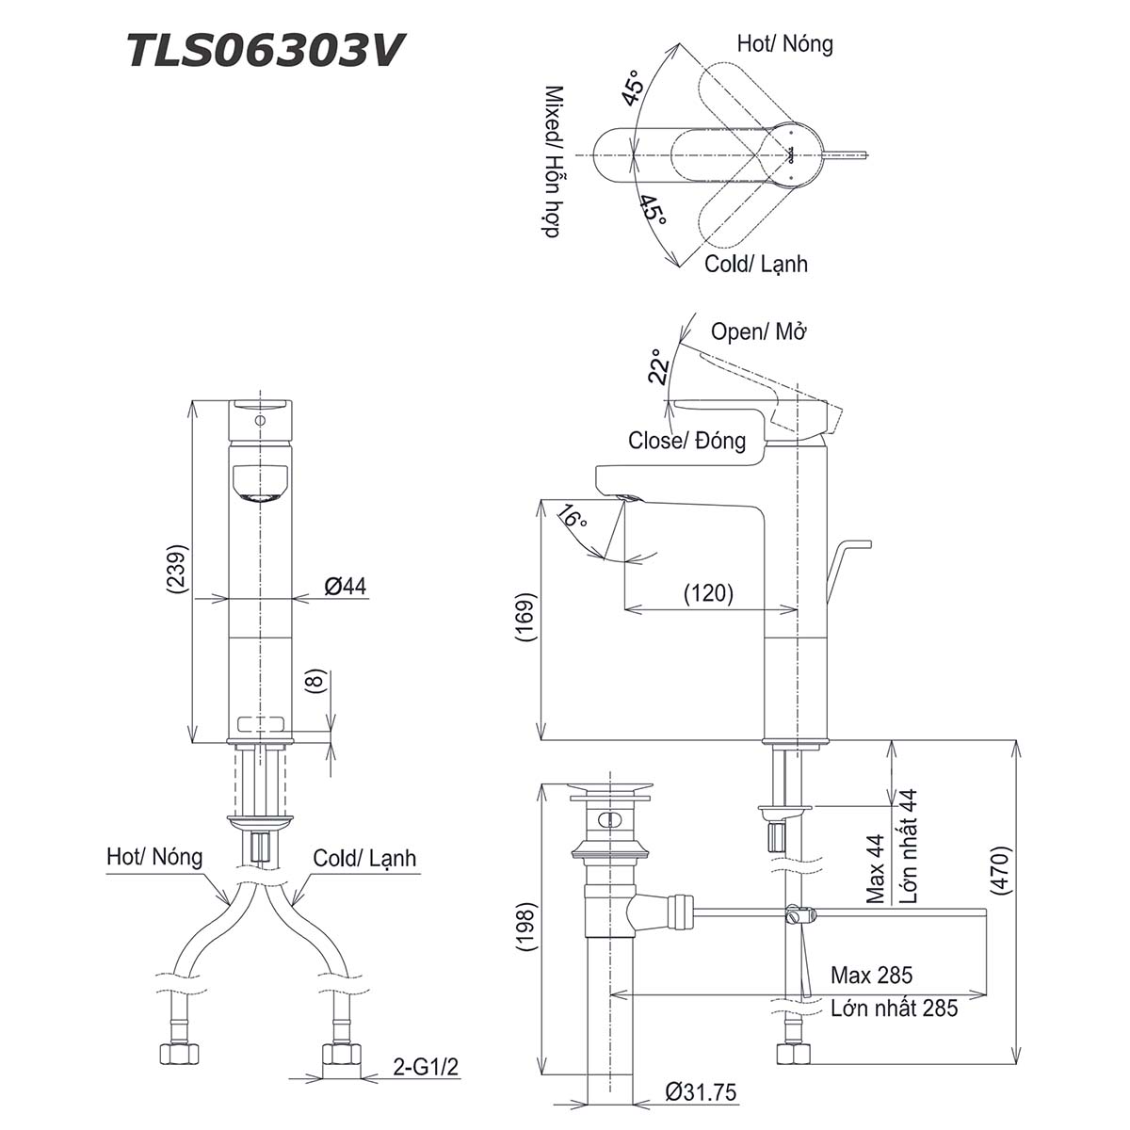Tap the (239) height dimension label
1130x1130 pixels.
pos(175,569)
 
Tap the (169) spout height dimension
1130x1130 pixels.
pos(525,618)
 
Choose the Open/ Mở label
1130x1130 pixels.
pos(759,331)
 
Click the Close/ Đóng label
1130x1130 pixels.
pos(686,440)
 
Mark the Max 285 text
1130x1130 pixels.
pos(871,976)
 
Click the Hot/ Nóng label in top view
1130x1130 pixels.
pos(784,43)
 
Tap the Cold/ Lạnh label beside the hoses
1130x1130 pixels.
pos(364,859)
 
